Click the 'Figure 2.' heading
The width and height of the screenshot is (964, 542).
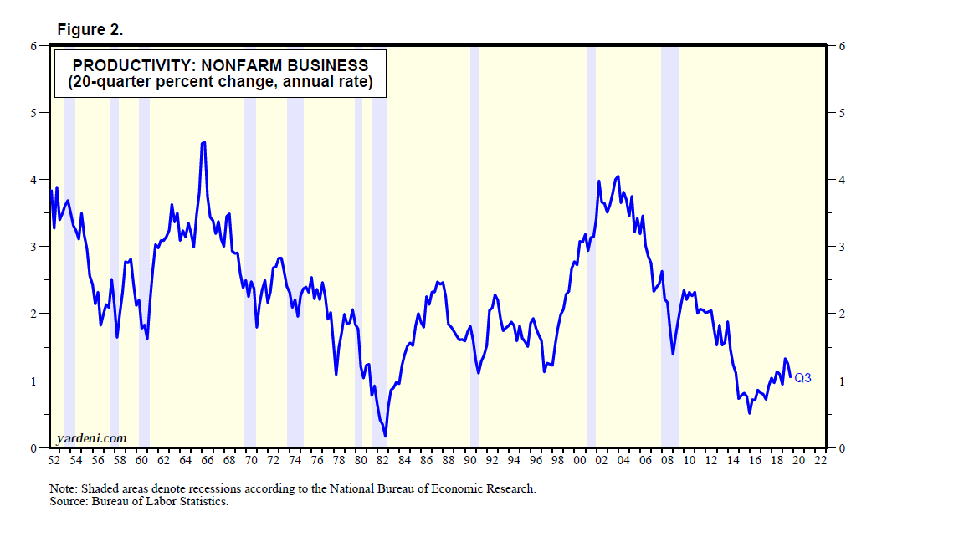tap(90, 30)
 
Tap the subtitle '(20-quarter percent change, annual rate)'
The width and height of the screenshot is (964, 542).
tap(219, 83)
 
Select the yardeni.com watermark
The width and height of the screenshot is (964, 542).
tap(91, 438)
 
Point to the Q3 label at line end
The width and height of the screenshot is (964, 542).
tap(802, 378)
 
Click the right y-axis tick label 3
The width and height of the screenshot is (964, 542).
tap(841, 247)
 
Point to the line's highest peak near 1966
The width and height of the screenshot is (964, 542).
tap(203, 143)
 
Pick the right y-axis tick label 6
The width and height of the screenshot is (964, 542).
tap(841, 46)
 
